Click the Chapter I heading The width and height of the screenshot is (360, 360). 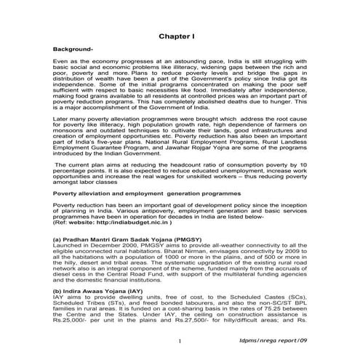pyautogui.click(x=180, y=34)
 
